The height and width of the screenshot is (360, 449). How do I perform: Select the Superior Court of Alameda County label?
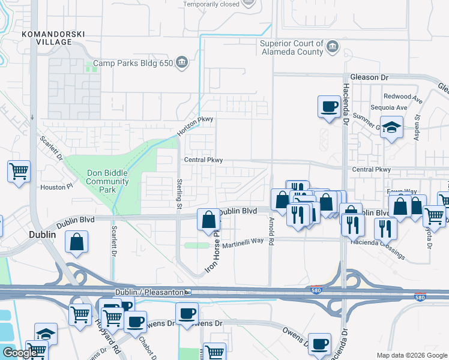tap(292, 47)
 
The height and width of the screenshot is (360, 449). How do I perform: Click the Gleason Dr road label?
tap(369, 77)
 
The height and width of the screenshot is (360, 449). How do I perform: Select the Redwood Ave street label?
tap(403, 97)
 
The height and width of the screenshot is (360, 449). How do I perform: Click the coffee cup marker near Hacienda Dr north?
tap(328, 107)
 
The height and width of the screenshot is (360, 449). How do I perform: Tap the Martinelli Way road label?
tap(243, 241)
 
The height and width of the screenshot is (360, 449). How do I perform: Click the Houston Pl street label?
tap(56, 187)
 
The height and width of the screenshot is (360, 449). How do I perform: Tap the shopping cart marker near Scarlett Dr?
tap(19, 171)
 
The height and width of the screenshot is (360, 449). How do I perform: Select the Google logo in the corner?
tap(20, 353)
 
